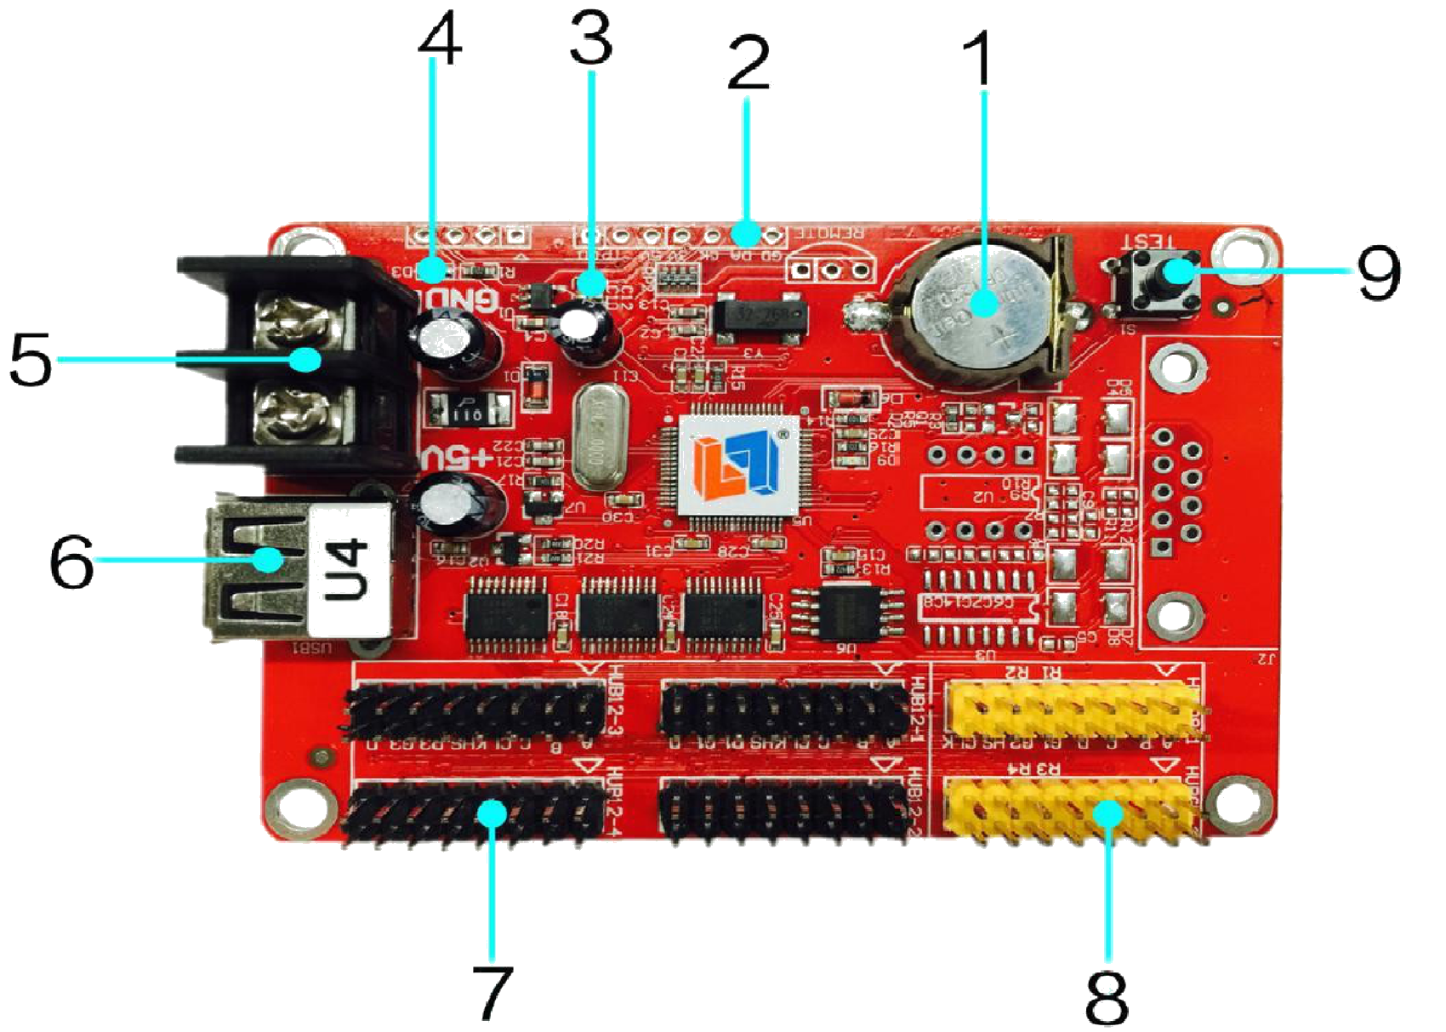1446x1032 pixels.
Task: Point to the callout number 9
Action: coord(1378,274)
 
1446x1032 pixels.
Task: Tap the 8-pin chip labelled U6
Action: coord(846,611)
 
